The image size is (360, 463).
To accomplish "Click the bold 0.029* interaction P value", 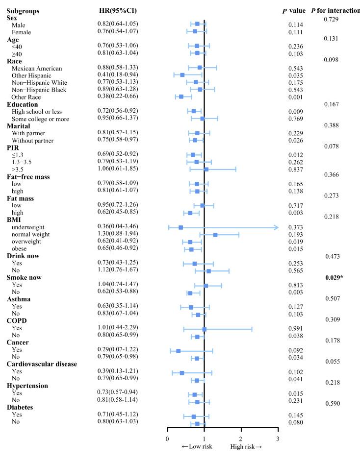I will (335, 278).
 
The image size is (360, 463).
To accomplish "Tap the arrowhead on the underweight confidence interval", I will (275, 227).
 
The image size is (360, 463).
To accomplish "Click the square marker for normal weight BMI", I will (215, 235).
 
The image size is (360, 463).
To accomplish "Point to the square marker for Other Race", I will (181, 97).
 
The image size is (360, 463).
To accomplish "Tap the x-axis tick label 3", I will (278, 439).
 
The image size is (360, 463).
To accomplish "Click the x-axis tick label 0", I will (168, 439).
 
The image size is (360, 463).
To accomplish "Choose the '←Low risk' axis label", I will (197, 447).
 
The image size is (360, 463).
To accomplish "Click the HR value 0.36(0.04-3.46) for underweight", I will (117, 227).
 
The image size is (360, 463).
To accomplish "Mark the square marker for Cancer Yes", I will (179, 351).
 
